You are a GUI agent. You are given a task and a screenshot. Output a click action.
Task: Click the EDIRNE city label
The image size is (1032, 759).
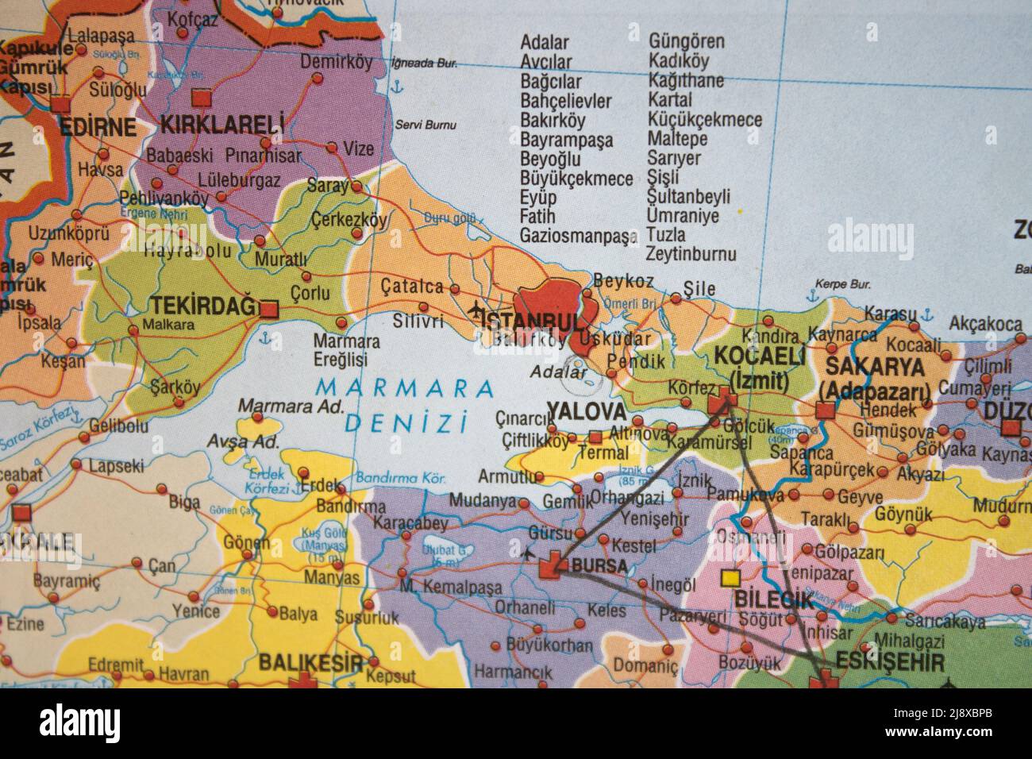click(x=98, y=127)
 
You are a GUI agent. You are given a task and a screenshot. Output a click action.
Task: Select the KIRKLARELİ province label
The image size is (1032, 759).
click(x=222, y=124)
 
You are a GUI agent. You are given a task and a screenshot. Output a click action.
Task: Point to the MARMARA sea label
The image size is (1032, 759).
click(x=404, y=388)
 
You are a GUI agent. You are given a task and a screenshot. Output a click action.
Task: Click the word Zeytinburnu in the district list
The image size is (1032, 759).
click(x=691, y=254)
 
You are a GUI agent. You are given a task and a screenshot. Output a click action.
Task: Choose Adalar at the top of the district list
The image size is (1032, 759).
click(x=545, y=43)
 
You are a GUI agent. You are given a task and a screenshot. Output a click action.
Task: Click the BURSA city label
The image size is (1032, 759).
click(x=599, y=567)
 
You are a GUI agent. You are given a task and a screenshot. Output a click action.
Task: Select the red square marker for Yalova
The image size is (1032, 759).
click(x=595, y=437)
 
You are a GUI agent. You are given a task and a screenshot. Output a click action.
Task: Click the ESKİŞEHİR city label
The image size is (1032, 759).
click(x=890, y=662)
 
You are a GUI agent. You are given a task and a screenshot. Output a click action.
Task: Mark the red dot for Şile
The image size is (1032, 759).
click(x=676, y=299)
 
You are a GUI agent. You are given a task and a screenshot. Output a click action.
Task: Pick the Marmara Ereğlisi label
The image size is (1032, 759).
click(x=346, y=350)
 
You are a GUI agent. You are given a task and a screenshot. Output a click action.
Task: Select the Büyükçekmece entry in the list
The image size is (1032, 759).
click(x=576, y=178)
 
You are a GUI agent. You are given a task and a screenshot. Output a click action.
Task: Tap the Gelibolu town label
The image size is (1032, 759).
click(x=119, y=426)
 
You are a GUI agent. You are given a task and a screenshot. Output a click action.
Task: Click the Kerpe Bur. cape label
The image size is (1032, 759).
click(x=843, y=283)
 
